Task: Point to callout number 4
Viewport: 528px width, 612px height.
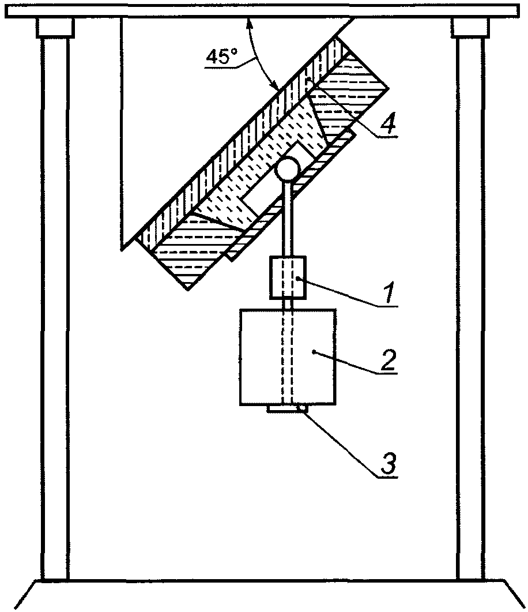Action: (390, 124)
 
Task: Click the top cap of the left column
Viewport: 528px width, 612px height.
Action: (55, 27)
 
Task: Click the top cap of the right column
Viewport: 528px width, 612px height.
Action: (470, 27)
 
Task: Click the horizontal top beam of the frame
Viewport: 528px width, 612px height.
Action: (264, 10)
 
